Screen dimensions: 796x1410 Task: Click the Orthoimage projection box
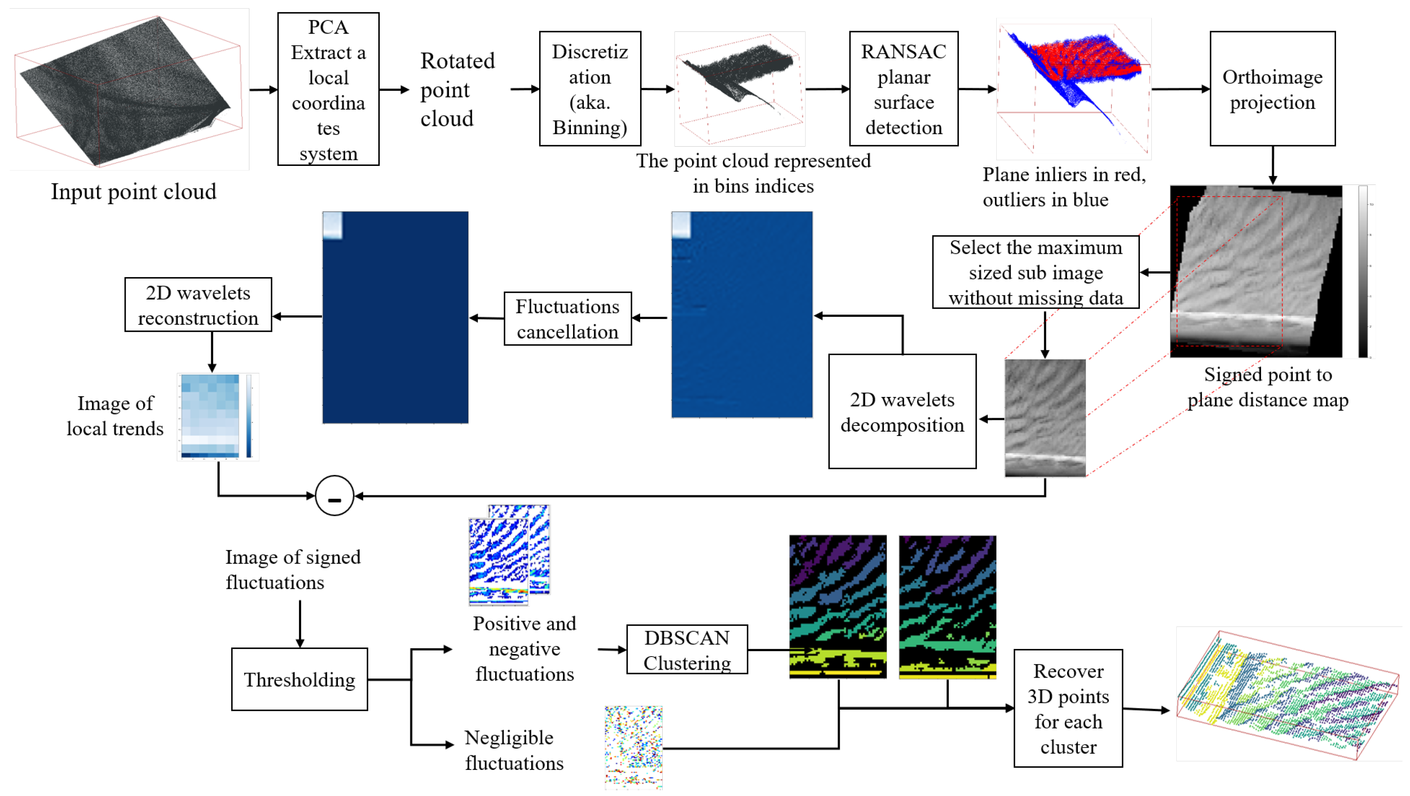1272,89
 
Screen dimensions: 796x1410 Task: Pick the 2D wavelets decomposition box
902,412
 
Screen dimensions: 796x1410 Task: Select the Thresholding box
299,679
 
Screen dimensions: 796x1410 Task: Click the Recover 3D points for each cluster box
1067,708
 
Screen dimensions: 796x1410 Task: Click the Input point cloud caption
134,192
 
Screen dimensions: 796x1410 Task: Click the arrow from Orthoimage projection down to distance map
1272,165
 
